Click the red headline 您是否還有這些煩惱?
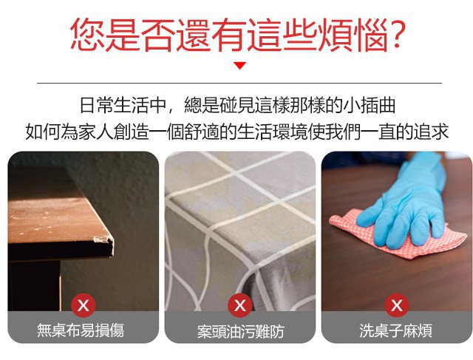(236, 35)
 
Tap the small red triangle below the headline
(240, 65)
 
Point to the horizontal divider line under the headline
(239, 83)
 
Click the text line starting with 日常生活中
(237, 105)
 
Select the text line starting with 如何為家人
(237, 132)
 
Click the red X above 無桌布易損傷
(84, 305)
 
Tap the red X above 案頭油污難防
(240, 305)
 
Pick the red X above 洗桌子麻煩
(397, 305)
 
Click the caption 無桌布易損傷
(81, 330)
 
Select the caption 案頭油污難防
(241, 331)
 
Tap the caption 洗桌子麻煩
(395, 330)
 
